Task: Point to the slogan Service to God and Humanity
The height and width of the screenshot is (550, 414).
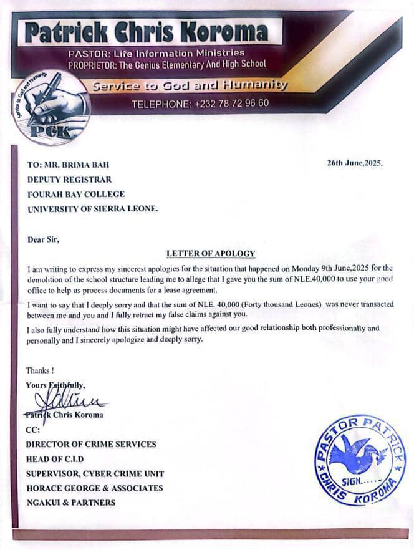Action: point(190,85)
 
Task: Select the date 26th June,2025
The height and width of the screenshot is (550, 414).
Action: point(355,163)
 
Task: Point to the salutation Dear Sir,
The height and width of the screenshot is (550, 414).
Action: point(43,238)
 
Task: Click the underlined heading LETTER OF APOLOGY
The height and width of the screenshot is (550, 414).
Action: point(211,253)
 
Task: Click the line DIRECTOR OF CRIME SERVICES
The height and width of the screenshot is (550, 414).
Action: point(91,445)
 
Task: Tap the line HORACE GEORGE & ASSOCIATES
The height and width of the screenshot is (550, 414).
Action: point(94,488)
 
